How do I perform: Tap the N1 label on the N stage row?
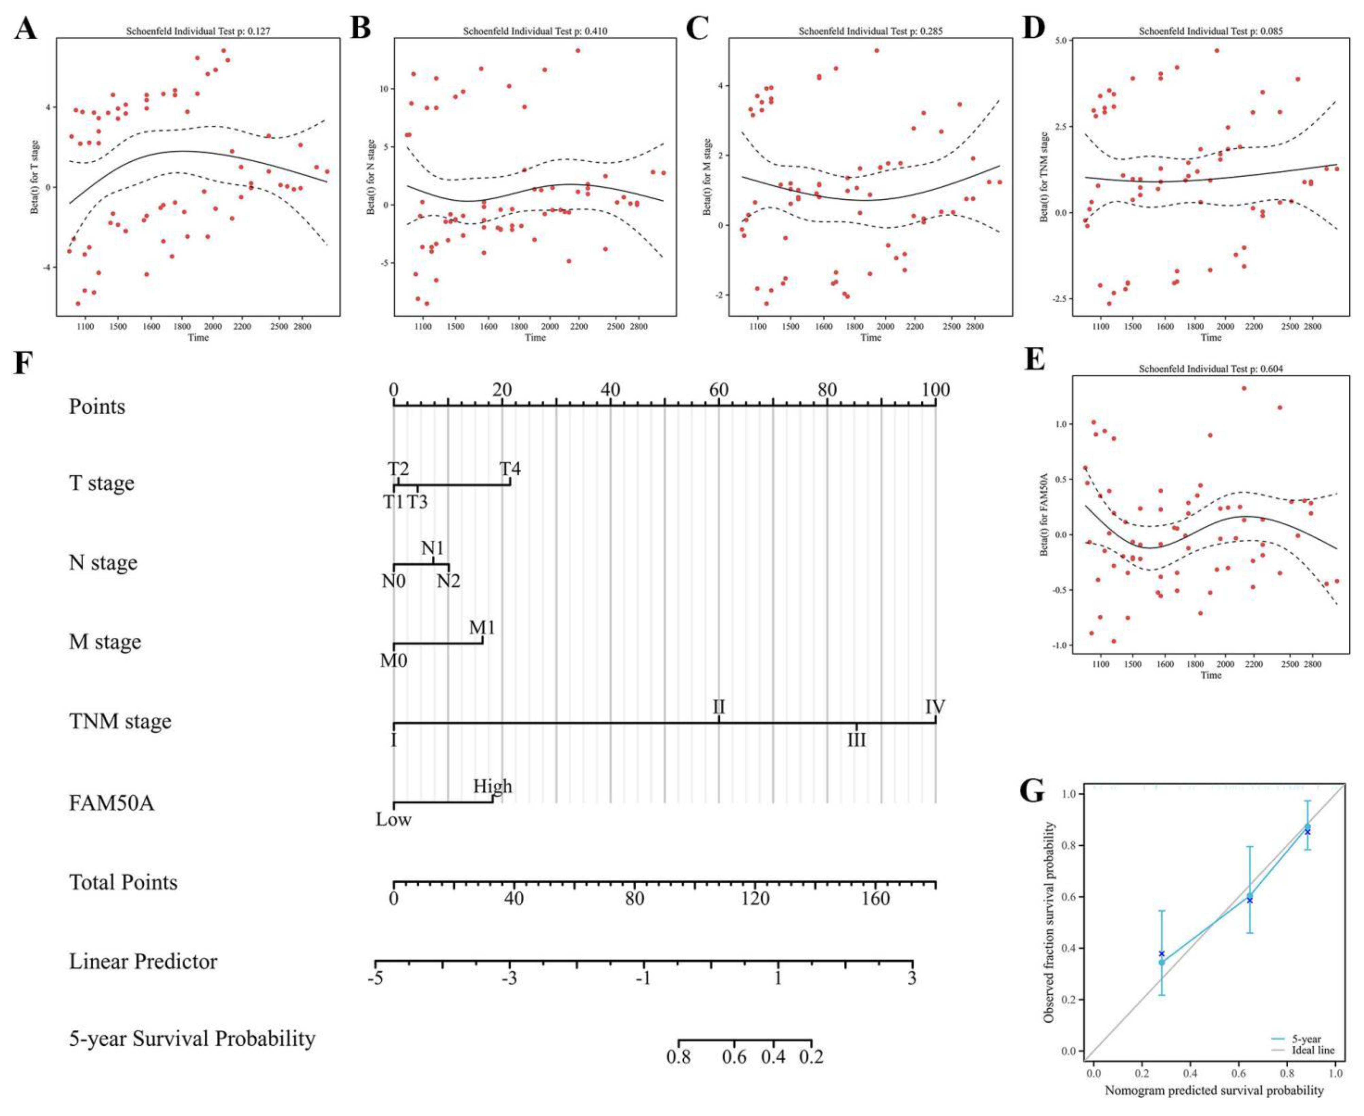coord(433,548)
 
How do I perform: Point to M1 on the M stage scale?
coord(482,627)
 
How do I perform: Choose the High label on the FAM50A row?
coord(493,786)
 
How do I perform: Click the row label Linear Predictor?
coord(143,962)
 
